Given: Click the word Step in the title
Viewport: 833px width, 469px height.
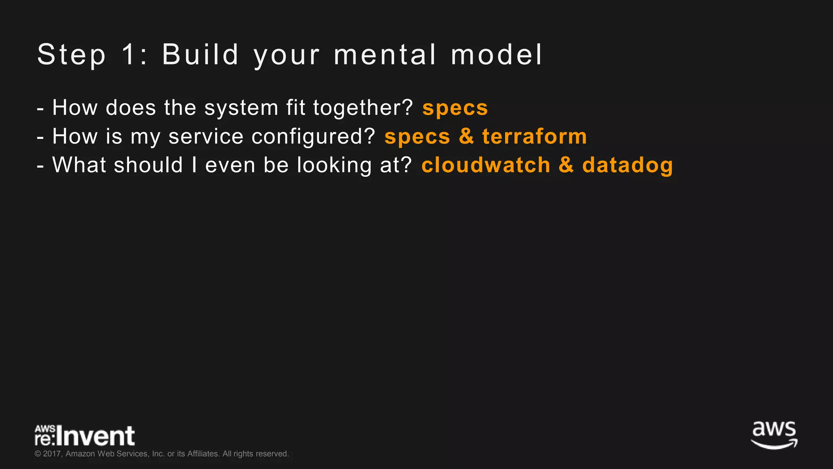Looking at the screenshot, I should click(72, 55).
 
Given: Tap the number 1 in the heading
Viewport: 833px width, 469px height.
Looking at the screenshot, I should click(129, 55).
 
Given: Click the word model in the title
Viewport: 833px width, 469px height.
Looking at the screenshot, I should click(497, 55).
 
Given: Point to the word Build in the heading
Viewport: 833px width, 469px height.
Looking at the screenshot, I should click(200, 55).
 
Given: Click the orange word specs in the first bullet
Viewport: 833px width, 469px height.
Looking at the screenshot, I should click(455, 108).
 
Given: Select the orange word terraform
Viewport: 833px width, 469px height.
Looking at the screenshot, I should click(534, 136).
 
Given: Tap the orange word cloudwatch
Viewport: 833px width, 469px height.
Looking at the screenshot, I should click(486, 165).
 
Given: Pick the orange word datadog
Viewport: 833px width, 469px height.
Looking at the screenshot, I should click(628, 166).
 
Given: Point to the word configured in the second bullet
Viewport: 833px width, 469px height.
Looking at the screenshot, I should click(313, 137).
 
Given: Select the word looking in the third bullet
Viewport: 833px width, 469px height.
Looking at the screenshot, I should click(334, 166).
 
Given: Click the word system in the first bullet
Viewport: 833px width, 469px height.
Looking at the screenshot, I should click(241, 108).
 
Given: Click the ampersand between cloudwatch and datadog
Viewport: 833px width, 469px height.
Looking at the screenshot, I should click(566, 165).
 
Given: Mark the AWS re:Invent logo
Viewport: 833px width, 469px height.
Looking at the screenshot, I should click(85, 436).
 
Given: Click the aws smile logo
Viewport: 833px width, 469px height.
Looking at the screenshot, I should click(774, 435).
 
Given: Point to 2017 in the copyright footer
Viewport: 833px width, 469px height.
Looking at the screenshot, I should click(52, 454).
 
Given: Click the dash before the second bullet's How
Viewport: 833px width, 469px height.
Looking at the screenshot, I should click(40, 138).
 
